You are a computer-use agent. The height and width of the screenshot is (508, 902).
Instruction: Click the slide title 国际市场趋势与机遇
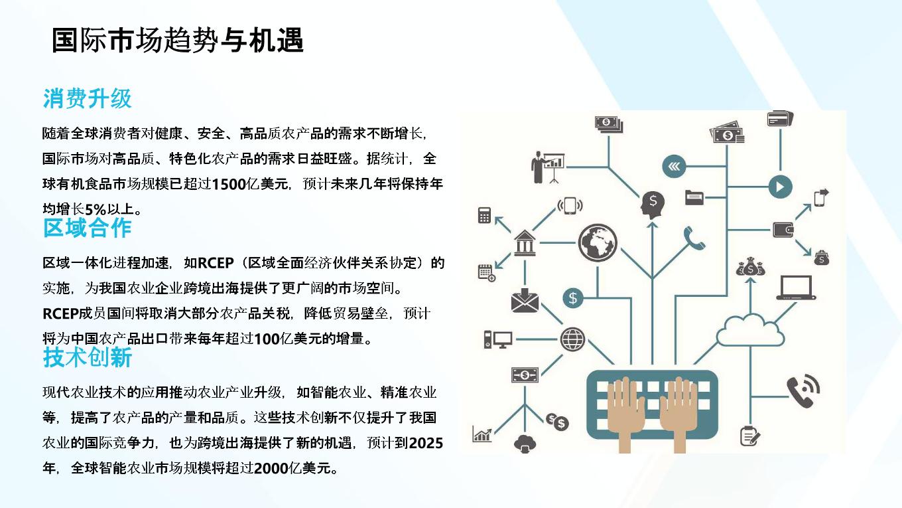pos(178,40)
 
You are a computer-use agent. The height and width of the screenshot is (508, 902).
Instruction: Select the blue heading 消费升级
pos(88,98)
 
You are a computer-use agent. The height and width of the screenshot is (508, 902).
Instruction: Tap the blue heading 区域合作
pos(88,228)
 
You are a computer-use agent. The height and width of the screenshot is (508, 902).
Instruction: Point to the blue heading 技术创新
pos(88,357)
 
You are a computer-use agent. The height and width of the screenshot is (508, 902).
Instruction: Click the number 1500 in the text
pos(229,184)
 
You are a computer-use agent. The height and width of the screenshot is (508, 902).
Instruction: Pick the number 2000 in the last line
pos(271,468)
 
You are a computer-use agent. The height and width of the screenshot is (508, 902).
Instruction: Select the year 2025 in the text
pos(426,443)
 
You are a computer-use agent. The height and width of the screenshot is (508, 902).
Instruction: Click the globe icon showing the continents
pos(598,243)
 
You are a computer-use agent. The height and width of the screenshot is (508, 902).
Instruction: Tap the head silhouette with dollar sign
pos(653,205)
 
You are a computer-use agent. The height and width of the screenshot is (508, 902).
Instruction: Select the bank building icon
pos(525,243)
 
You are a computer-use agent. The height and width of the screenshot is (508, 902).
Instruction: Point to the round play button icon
pos(781,187)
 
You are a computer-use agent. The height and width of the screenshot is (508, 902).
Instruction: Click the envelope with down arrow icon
pos(525,300)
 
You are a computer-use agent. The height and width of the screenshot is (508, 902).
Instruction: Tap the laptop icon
pos(796,288)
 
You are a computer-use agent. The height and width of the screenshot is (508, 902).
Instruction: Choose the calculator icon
pos(484,215)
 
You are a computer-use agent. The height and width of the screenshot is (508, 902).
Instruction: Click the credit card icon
pos(780,119)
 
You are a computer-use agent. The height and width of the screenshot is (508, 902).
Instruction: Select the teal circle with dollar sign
pos(572,298)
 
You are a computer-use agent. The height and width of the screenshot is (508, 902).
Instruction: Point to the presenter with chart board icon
pos(548,167)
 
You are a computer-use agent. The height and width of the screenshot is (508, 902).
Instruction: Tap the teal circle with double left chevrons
pos(674,166)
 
